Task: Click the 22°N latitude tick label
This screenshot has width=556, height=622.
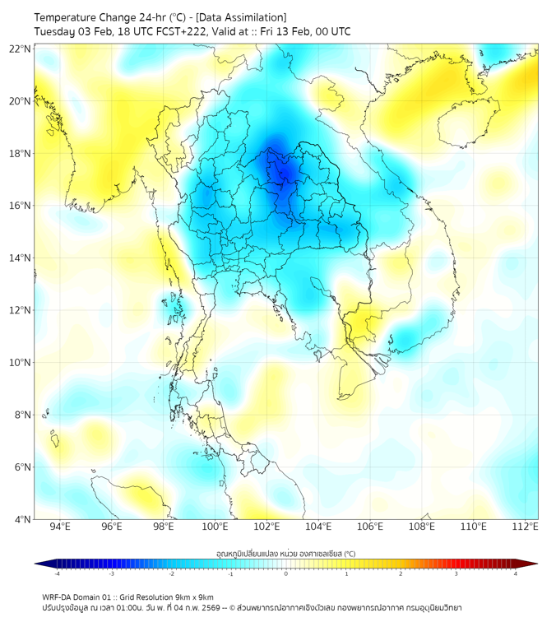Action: click(21, 49)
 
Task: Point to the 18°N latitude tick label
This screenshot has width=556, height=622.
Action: click(21, 154)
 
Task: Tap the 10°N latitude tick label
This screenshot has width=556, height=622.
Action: click(21, 363)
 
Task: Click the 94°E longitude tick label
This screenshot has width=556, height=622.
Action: click(60, 527)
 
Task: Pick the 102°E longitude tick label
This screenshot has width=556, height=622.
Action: click(266, 527)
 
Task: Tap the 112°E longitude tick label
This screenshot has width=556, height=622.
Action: click(525, 527)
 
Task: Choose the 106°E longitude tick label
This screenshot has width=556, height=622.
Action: click(370, 527)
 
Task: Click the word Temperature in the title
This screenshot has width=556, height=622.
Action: click(67, 17)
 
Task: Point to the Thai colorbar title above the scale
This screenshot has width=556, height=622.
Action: click(285, 553)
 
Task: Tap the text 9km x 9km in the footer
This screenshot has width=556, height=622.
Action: click(195, 596)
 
